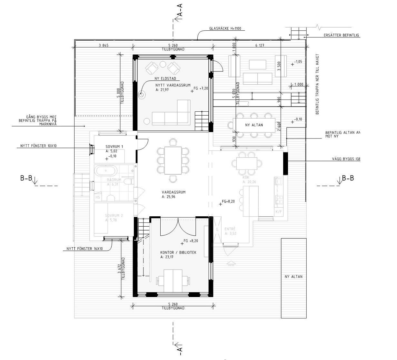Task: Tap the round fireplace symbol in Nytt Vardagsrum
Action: tap(142, 95)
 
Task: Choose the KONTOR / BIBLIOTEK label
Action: tap(178, 252)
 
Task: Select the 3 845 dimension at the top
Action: tap(103, 46)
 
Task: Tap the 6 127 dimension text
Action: tap(260, 46)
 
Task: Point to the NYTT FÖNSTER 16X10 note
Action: tap(84, 249)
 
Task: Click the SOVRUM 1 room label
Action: tap(114, 147)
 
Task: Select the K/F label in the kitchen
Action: tap(278, 212)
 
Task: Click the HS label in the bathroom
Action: tap(98, 197)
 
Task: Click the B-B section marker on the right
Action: tap(348, 178)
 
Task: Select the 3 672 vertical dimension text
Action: tap(119, 265)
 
